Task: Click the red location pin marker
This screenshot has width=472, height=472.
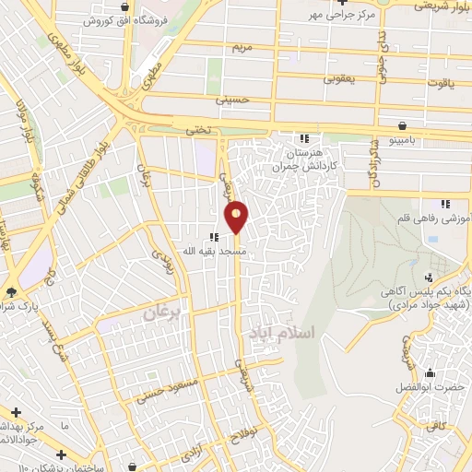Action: [237, 218]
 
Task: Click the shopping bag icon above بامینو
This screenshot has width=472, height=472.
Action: [403, 125]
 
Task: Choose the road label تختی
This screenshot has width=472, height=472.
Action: [199, 132]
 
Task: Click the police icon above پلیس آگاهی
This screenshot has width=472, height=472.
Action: [427, 277]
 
